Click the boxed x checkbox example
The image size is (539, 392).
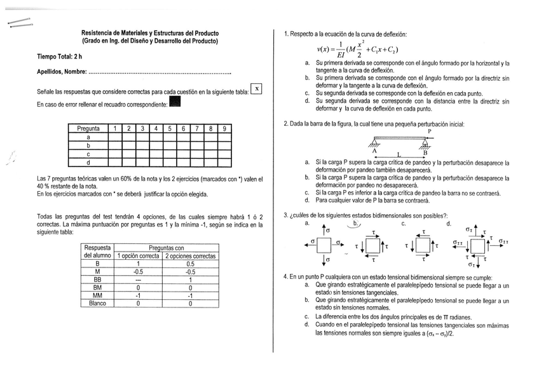[x=257, y=90]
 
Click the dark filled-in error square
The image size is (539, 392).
[x=175, y=102]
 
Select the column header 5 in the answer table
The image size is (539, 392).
[x=168, y=129]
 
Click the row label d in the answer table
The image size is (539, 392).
[x=88, y=163]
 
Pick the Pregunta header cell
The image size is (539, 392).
[x=88, y=129]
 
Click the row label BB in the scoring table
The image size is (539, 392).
[x=97, y=279]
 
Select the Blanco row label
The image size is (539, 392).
[x=97, y=303]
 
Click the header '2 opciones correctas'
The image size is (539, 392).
[x=190, y=255]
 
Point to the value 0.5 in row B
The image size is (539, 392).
[x=190, y=264]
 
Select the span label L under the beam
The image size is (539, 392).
[x=399, y=154]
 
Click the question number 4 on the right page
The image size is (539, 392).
[x=285, y=277]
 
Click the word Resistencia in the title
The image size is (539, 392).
[x=99, y=32]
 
